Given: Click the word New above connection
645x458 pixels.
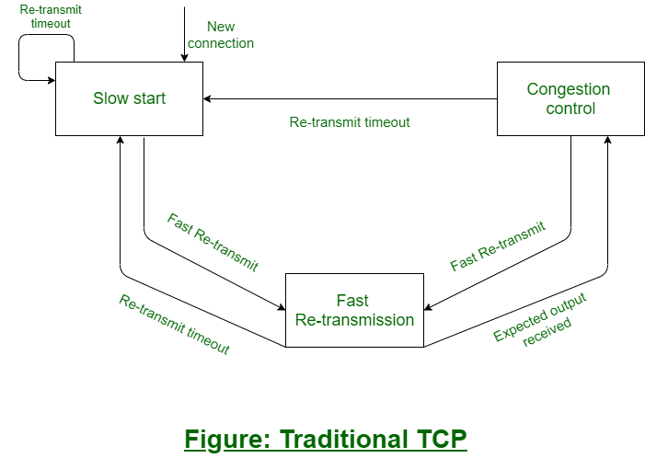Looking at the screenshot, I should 221,27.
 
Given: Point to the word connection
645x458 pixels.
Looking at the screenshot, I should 221,43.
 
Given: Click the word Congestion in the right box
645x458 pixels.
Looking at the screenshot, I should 568,89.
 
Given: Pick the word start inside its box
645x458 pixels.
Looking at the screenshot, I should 149,98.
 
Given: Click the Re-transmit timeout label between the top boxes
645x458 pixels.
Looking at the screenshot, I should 350,121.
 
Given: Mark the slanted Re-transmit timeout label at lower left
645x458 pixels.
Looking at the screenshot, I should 174,325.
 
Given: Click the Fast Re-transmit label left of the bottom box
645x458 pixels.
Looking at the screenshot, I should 213,242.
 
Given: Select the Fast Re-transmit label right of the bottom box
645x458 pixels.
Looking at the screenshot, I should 498,246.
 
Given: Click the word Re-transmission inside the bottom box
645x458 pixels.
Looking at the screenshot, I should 354,320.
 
